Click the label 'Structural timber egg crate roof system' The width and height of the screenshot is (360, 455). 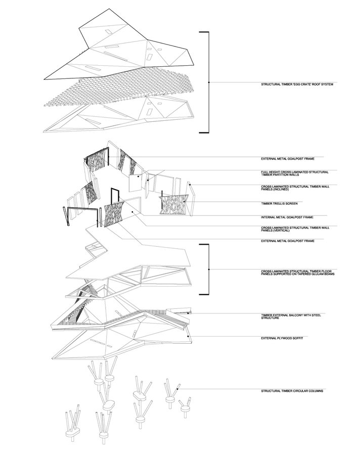[297, 84]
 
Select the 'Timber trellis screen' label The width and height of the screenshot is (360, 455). [279, 203]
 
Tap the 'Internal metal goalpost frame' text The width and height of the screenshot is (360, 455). [287, 217]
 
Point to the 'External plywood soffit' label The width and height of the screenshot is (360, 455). [282, 338]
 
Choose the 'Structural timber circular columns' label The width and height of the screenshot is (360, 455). [292, 391]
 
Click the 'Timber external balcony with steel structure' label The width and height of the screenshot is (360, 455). [291, 316]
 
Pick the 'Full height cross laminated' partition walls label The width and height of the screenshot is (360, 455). [295, 173]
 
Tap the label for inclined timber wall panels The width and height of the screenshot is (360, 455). [295, 188]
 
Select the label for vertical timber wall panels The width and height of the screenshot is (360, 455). [295, 229]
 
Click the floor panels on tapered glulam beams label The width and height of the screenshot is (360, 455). [298, 272]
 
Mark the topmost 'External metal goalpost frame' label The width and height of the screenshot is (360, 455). [287, 159]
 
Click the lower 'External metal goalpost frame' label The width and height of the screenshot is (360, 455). [287, 241]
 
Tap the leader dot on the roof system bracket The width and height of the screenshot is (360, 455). [209, 82]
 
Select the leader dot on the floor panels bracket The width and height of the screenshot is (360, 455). [209, 269]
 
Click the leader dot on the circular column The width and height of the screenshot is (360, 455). [177, 389]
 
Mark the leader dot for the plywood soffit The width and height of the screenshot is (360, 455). [188, 336]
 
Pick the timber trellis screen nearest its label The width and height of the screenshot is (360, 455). [173, 205]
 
